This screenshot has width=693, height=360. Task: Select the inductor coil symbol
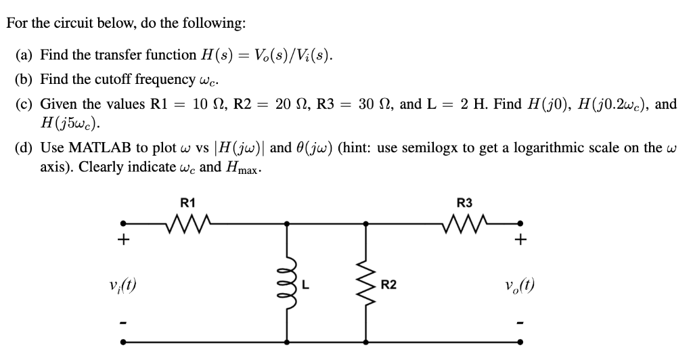tap(288, 284)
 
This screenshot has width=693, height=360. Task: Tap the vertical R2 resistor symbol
tap(367, 284)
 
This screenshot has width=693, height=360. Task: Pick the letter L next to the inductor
tap(305, 285)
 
